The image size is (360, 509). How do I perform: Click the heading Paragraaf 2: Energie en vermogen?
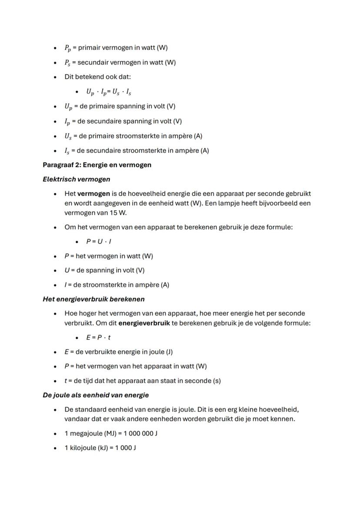click(x=97, y=165)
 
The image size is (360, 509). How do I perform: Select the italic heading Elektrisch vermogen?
click(x=76, y=179)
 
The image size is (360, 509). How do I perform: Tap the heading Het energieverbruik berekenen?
click(x=93, y=299)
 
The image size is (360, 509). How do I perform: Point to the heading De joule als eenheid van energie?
click(x=96, y=395)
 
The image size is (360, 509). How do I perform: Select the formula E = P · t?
click(x=98, y=337)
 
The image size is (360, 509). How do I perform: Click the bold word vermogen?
click(x=93, y=193)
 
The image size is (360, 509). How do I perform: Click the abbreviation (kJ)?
click(x=100, y=448)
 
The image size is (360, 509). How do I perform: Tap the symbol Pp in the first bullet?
click(x=67, y=48)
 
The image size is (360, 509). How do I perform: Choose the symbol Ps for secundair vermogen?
click(x=67, y=63)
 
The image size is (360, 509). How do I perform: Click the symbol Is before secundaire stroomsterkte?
click(x=67, y=151)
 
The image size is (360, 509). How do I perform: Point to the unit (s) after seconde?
click(x=215, y=381)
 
